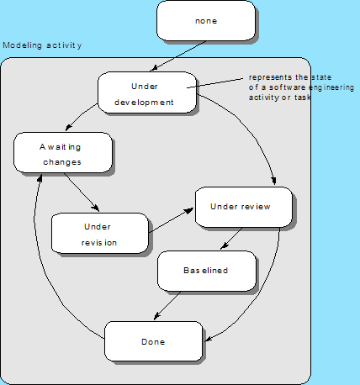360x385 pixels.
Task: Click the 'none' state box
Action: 206,21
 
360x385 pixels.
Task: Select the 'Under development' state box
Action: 147,92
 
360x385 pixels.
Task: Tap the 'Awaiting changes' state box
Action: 63,152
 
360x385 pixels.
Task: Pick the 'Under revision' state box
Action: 100,233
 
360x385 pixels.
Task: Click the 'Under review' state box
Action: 244,207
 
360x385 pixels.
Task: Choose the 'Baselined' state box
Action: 207,271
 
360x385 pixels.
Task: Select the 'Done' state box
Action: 153,341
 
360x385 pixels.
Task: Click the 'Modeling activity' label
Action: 42,45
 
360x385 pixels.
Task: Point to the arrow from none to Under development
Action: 178,56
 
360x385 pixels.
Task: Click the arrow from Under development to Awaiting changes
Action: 80,115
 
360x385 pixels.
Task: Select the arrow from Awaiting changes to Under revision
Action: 82,192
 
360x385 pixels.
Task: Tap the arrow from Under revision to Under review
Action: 171,220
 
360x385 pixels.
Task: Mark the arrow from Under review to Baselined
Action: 231,238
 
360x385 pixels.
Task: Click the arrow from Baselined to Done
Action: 167,305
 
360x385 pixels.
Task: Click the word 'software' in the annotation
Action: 288,87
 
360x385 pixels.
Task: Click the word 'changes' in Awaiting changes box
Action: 62,162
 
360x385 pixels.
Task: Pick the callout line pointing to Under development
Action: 215,83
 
